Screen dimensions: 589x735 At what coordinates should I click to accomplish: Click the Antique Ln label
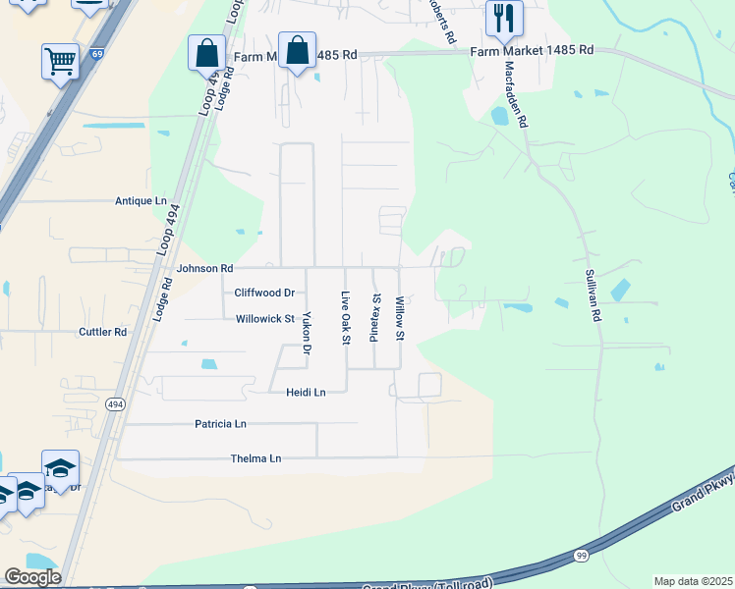141,201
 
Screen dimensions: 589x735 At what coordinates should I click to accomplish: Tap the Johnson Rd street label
204,268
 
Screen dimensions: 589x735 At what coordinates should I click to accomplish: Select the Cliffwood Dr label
264,293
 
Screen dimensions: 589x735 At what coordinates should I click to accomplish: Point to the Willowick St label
265,319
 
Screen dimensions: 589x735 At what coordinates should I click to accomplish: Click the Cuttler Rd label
103,332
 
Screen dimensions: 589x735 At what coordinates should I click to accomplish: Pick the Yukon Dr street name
307,333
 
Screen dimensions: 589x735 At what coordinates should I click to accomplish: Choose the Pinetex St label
374,317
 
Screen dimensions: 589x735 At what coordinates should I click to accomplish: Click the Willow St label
400,318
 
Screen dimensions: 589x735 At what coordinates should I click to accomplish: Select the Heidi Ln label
305,392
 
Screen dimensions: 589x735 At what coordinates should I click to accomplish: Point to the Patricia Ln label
220,424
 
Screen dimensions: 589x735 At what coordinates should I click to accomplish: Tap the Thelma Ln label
255,458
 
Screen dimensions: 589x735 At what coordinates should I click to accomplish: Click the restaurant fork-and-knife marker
504,17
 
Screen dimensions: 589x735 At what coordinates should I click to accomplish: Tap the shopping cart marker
60,61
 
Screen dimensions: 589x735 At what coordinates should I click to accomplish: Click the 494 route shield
116,403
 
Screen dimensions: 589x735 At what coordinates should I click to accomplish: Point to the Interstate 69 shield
96,56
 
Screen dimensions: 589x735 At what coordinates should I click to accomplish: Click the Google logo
32,577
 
